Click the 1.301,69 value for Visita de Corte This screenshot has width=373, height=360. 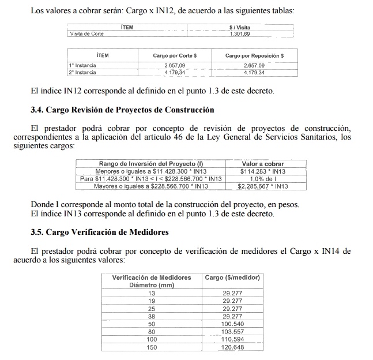point(239,34)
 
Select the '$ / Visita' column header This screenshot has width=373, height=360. point(239,27)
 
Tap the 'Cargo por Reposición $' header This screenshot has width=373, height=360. point(254,55)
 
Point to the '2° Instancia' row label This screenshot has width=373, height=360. point(82,73)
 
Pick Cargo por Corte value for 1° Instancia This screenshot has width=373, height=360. point(174,66)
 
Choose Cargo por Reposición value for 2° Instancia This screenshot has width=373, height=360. point(254,73)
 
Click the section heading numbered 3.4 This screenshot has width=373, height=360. point(122,110)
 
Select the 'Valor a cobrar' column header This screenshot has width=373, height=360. point(262,164)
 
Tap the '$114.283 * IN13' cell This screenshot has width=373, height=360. point(263,171)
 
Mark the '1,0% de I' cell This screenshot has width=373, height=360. point(263,179)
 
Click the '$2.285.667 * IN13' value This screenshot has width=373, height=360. point(263,186)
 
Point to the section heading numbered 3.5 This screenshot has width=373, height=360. point(107,232)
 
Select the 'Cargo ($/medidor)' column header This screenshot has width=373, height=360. point(232,277)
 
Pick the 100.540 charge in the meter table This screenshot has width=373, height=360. point(233,324)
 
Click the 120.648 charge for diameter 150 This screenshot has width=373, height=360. point(233,347)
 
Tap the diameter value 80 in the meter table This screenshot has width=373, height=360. point(152,332)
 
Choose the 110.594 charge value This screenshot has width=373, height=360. point(233,340)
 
